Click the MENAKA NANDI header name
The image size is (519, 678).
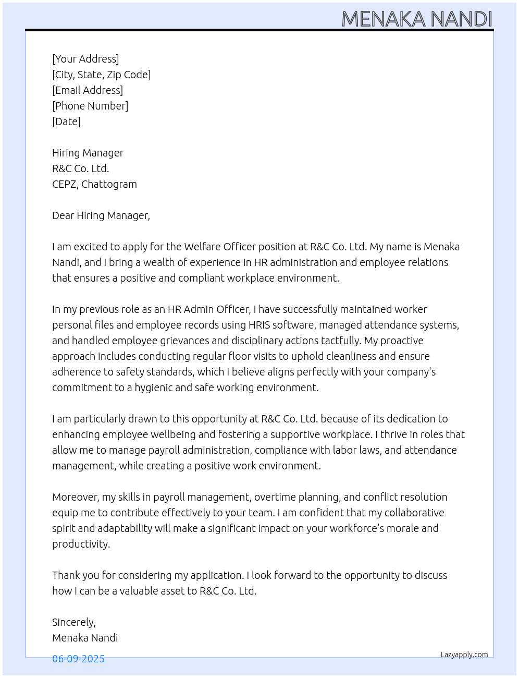click(x=417, y=19)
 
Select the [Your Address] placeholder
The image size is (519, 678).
click(x=85, y=59)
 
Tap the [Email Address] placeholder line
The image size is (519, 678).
click(x=88, y=90)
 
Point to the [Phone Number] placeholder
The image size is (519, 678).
click(x=90, y=106)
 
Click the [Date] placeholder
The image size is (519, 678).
click(x=66, y=122)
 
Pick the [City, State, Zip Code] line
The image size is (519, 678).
click(x=101, y=75)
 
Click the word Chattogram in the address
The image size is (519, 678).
click(x=109, y=184)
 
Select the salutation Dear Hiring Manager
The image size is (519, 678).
click(x=101, y=215)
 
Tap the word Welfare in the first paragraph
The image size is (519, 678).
click(x=202, y=247)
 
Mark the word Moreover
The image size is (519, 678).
click(x=75, y=497)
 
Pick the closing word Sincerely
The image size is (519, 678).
click(x=73, y=622)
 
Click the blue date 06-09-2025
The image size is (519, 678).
click(x=78, y=659)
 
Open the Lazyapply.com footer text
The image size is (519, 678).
click(x=464, y=655)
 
